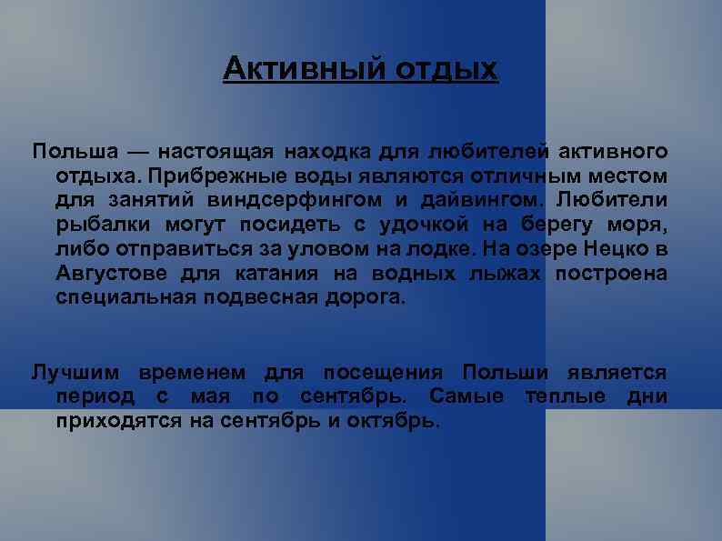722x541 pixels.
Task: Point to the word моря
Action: [x=640, y=224]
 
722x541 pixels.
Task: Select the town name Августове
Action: [x=111, y=273]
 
